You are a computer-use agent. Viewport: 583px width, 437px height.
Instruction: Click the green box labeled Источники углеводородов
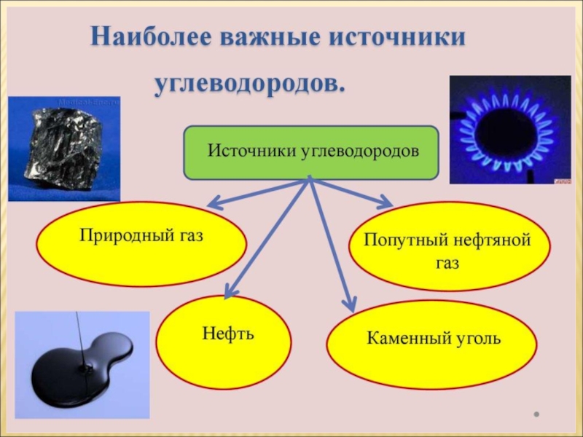coord(311,152)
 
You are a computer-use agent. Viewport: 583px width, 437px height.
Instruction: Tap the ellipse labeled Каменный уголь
coord(433,339)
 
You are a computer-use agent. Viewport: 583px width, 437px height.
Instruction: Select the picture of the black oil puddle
coord(80,364)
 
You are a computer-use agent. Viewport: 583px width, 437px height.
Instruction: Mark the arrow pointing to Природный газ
coord(255,191)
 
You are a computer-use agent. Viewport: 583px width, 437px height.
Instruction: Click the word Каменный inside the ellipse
coord(402,339)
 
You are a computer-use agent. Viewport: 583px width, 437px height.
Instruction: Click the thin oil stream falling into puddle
coord(77,331)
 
